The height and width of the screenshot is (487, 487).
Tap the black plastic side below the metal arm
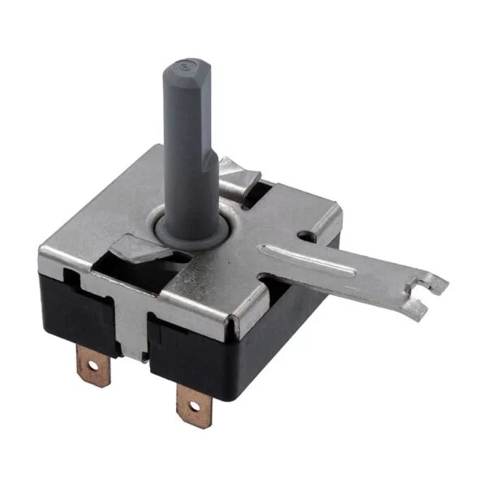click(276, 325)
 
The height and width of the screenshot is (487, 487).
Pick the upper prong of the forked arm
click(439, 278)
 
